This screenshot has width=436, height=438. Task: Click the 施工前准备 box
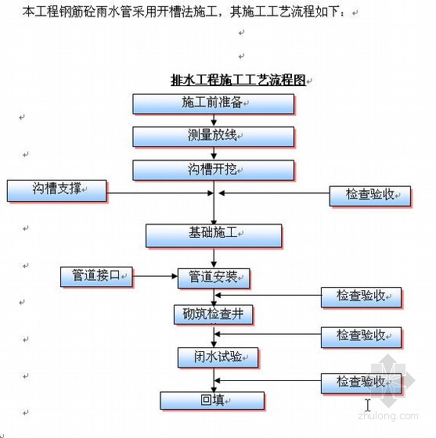(213, 104)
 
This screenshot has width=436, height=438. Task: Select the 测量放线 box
(213, 137)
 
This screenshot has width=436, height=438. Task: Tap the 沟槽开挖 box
(213, 171)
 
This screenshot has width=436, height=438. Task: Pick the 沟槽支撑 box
(56, 191)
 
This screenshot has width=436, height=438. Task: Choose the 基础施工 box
(214, 235)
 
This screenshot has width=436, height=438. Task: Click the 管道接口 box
(96, 277)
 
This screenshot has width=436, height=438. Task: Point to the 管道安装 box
(214, 278)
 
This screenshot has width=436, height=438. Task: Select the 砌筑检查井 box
(213, 314)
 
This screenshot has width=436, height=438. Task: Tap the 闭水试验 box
(218, 358)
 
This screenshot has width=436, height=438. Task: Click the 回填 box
(212, 400)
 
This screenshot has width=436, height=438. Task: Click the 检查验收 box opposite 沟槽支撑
(370, 196)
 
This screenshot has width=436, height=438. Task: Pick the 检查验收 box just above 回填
(361, 383)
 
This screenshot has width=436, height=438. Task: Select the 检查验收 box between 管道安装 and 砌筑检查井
(361, 297)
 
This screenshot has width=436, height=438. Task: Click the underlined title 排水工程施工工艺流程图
(238, 80)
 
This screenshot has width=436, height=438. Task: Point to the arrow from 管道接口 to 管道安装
(155, 276)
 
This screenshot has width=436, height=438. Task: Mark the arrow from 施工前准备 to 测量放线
(214, 120)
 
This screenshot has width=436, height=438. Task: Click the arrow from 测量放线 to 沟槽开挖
(214, 153)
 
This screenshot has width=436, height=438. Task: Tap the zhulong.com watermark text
(388, 415)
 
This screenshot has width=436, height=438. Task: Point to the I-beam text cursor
(368, 405)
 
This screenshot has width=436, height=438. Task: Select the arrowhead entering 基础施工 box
(214, 221)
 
